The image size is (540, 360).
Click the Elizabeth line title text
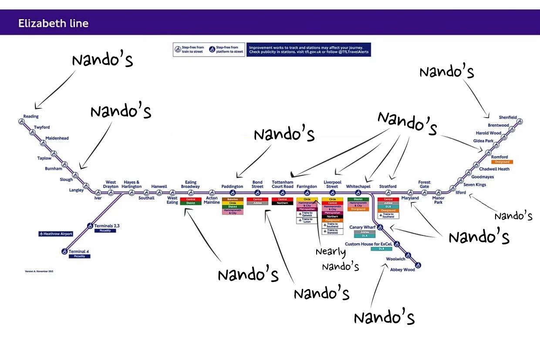53,24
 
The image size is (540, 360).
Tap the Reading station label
31,116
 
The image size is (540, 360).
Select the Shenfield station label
508,117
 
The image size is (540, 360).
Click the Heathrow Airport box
55,234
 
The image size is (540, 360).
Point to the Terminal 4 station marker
64,251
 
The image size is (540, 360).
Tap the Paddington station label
232,186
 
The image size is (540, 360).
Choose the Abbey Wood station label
402,270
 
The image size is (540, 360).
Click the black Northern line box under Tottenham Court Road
282,203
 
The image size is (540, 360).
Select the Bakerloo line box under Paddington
232,199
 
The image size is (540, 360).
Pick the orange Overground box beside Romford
502,162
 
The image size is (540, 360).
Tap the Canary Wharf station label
362,227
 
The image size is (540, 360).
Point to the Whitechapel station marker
358,193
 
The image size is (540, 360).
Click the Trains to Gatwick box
307,214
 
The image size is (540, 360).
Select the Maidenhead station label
57,138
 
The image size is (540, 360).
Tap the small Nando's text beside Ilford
513,216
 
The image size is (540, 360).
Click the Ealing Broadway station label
190,185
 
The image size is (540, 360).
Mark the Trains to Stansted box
332,232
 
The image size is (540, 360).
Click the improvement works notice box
308,49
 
